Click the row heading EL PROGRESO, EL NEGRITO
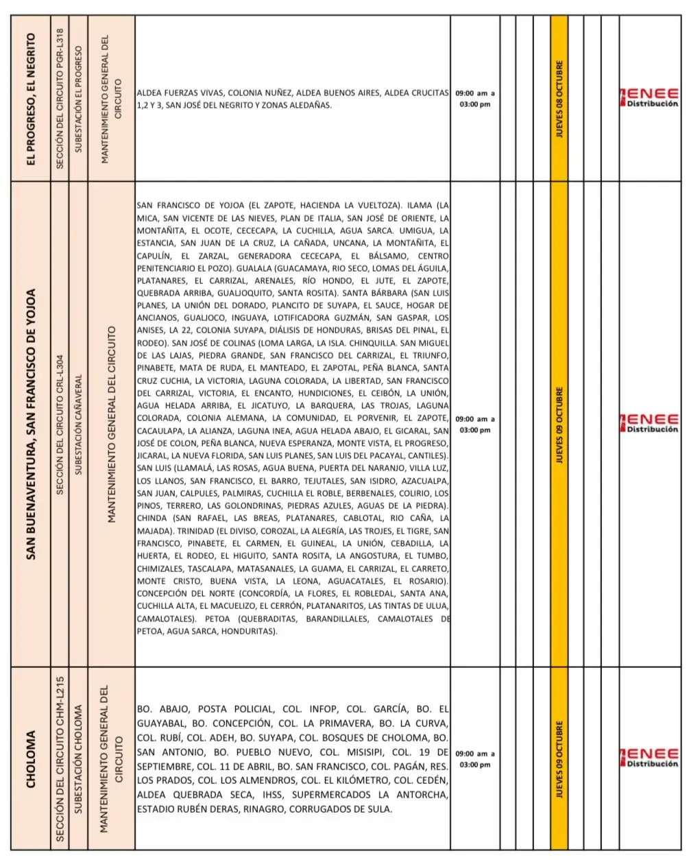(32, 97)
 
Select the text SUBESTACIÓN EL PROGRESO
(78, 97)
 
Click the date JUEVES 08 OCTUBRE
(559, 97)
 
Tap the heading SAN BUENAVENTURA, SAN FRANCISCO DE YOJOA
(32, 424)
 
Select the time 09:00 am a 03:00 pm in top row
(474, 98)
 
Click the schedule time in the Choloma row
(474, 759)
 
